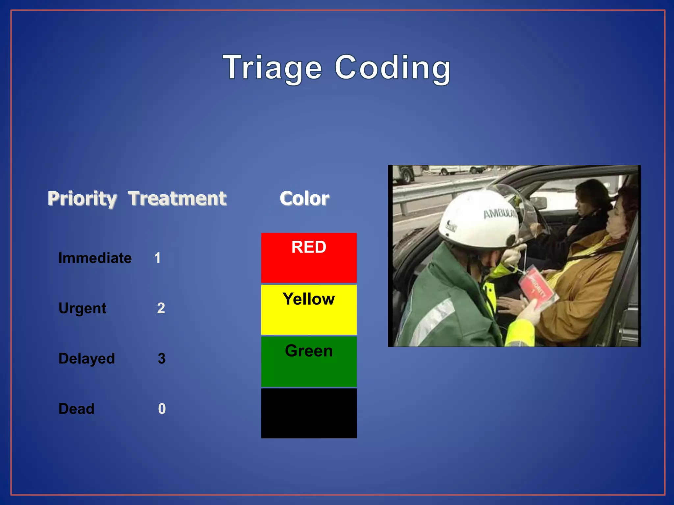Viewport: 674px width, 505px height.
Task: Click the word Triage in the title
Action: (x=272, y=68)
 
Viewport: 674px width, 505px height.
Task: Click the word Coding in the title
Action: (x=392, y=68)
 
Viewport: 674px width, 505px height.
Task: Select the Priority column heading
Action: (x=82, y=199)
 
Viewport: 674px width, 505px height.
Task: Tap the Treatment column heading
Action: (x=177, y=199)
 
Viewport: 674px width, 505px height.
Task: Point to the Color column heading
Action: (x=304, y=199)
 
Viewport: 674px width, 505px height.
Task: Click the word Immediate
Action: (x=95, y=258)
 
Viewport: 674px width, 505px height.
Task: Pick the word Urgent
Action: (x=82, y=308)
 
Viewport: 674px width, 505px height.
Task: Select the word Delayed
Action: (x=87, y=359)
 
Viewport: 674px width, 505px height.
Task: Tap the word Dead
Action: (x=76, y=409)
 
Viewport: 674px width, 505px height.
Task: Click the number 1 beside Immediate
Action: (x=157, y=258)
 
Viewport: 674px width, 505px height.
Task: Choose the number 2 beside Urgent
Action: (x=161, y=308)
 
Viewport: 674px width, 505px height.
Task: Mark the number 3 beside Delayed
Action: (x=161, y=359)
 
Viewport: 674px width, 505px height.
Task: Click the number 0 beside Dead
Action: (x=162, y=409)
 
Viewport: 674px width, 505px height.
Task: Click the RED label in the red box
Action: (x=309, y=247)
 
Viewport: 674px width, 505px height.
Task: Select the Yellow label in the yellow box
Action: (x=309, y=299)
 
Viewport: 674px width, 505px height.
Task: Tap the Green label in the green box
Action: (x=309, y=351)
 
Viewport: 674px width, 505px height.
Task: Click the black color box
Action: (x=309, y=413)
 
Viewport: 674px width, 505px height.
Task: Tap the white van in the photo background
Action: (x=457, y=170)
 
